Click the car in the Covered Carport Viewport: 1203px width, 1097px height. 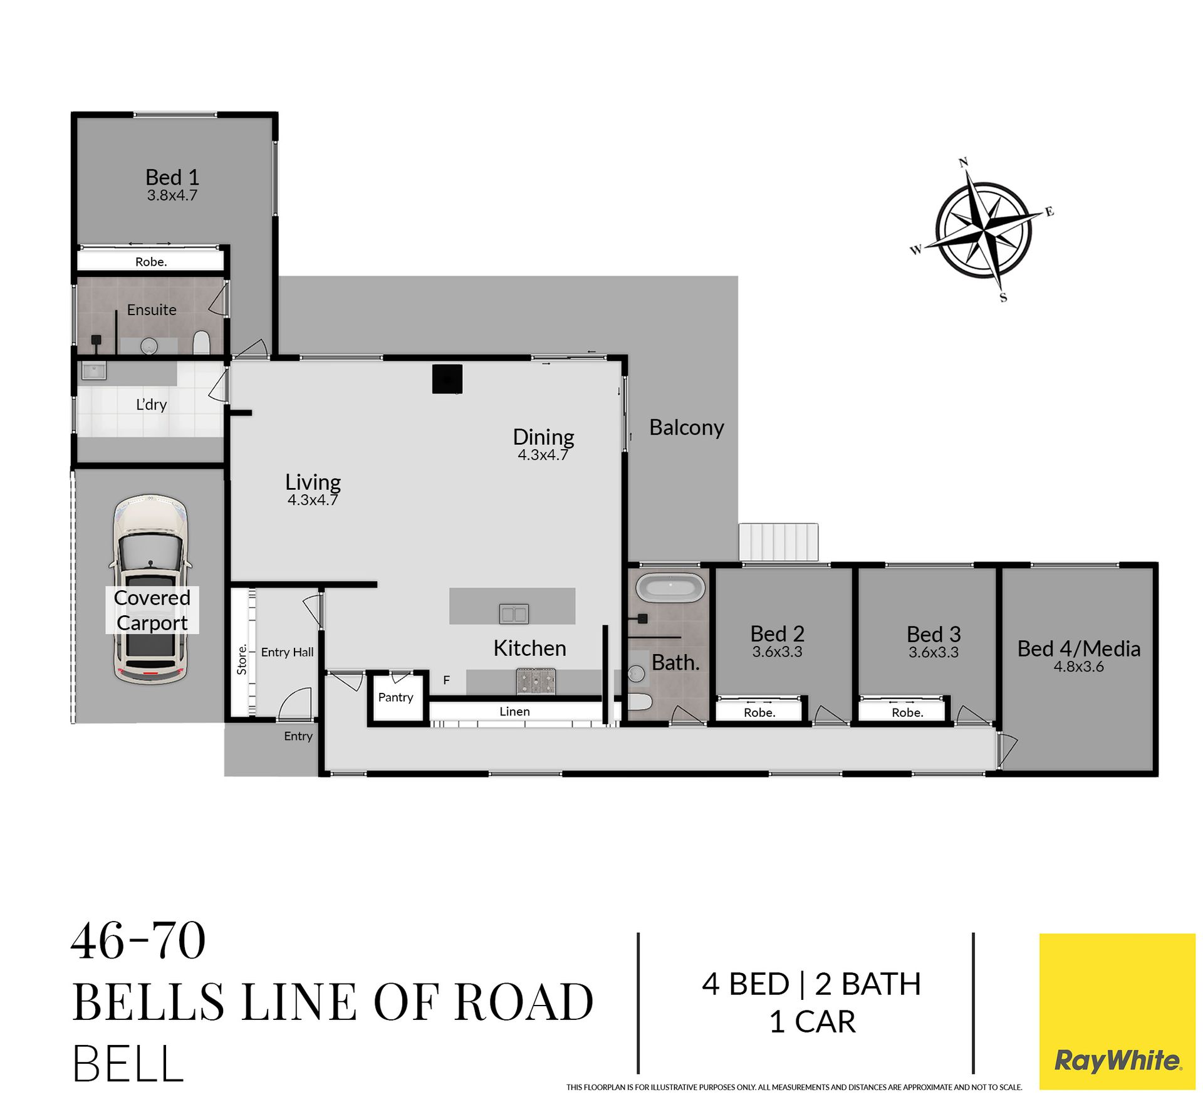[x=150, y=589]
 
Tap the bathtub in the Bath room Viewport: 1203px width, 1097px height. [x=670, y=588]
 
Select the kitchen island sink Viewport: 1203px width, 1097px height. [x=514, y=613]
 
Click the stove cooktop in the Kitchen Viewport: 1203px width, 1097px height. [x=536, y=681]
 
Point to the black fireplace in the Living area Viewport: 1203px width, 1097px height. [x=447, y=379]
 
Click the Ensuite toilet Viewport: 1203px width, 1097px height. [x=201, y=343]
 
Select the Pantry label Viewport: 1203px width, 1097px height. [x=395, y=697]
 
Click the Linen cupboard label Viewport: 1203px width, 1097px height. [x=514, y=711]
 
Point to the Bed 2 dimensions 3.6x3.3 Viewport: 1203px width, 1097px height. [x=777, y=652]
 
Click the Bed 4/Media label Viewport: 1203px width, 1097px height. [x=1078, y=648]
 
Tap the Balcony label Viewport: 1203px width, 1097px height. [x=686, y=427]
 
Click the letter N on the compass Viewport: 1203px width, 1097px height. [x=964, y=162]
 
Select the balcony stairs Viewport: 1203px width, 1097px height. [x=778, y=542]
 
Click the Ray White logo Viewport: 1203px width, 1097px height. [x=1117, y=1011]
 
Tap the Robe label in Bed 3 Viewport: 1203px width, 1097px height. [x=907, y=712]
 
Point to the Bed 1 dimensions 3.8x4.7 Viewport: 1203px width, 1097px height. [x=172, y=195]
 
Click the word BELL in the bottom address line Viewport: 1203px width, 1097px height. [x=128, y=1063]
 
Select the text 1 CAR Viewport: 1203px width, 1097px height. [x=812, y=1022]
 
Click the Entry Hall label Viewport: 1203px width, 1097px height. [x=287, y=652]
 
